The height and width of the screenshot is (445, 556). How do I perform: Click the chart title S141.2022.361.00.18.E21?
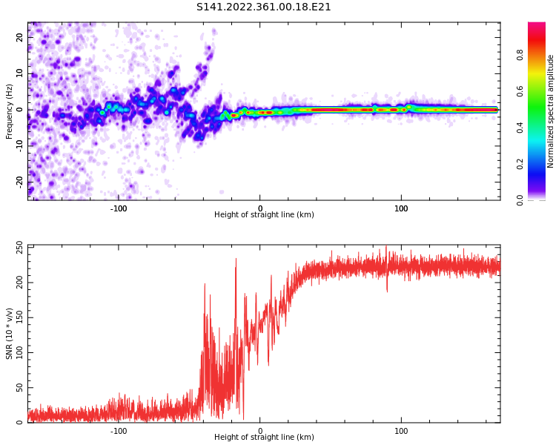pos(263,7)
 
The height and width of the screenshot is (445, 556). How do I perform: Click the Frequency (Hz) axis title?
pos(10,111)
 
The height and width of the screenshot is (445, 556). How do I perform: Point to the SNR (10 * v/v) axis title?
pos(10,333)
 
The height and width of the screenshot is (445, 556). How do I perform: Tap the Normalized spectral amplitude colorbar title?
pos(551,111)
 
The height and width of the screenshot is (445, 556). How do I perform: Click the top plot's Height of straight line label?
pos(264,215)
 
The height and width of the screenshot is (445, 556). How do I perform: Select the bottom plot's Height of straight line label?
pos(264,438)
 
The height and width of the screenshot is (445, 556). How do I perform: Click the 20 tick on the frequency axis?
pos(20,37)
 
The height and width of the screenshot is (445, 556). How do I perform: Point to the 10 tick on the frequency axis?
pos(20,73)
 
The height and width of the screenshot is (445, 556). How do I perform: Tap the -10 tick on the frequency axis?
pos(20,145)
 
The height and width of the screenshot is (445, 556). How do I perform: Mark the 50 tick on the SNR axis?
pos(20,387)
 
